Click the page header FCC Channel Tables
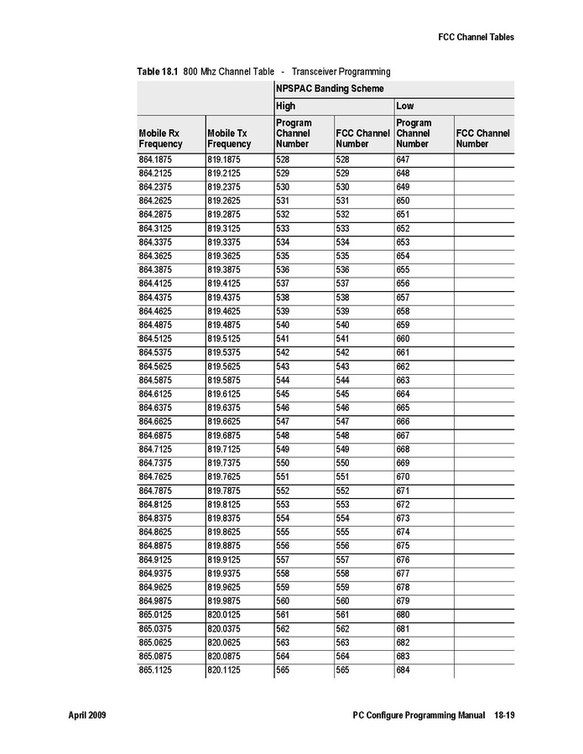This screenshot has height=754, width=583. point(476,37)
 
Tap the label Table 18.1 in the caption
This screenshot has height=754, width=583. point(158,71)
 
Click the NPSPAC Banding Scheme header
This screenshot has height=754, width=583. point(330,88)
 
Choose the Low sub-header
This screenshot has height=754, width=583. point(405,107)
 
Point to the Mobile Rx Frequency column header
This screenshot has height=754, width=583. point(159,138)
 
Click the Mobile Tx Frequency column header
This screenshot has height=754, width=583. point(228,138)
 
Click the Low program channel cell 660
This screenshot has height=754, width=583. point(403,337)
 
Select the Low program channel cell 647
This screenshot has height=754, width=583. point(403,159)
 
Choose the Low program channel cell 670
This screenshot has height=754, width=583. point(403,476)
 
